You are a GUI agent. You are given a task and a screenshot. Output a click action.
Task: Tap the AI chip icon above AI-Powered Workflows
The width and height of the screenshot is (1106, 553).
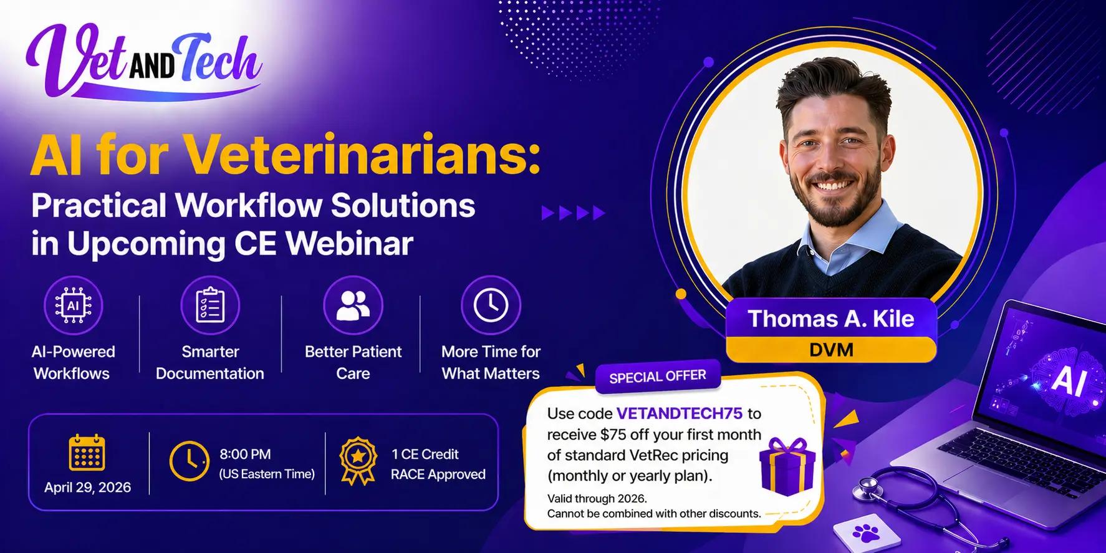coord(74,305)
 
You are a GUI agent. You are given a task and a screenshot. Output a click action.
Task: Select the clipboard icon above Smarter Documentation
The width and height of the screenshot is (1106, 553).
coord(210,305)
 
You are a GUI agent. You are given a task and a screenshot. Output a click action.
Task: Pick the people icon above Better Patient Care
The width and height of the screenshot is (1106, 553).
coord(353,305)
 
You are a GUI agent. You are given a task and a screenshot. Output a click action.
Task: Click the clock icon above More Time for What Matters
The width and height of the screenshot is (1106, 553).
coord(491,305)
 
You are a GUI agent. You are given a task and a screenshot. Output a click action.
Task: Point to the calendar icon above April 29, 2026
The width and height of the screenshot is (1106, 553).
coord(87,453)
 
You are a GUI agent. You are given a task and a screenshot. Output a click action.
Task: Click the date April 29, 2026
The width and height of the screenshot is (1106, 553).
coord(87,487)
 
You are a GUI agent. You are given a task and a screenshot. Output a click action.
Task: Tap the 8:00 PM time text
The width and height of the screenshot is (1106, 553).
coord(245,454)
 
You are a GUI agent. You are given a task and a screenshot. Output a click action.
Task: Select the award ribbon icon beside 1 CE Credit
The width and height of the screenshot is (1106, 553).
coord(358,462)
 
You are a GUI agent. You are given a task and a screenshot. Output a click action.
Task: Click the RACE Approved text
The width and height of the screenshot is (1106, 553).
coord(438,474)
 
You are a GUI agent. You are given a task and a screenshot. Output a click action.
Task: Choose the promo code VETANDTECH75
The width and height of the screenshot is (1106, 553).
coord(680,413)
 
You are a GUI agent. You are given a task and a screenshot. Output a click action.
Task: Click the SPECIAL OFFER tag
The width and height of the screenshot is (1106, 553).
coord(657,377)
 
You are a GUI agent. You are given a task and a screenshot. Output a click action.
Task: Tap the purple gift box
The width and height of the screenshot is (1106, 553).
coord(787,465)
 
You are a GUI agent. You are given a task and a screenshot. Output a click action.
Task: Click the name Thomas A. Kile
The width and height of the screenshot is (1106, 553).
coord(831,319)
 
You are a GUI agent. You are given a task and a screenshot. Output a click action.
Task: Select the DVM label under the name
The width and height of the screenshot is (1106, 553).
coord(831,349)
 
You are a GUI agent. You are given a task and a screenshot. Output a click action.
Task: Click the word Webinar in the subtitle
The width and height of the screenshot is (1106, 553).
coord(350,244)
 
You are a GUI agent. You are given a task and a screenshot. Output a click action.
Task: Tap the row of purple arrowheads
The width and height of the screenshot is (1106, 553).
coord(573,213)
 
